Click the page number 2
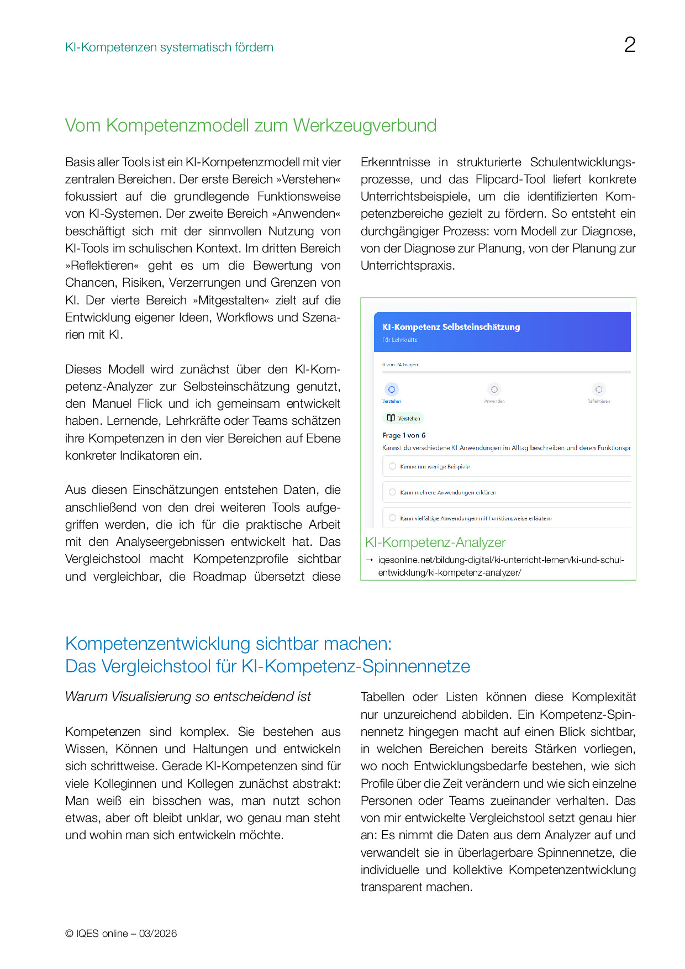(630, 45)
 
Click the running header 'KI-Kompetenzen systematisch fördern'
(169, 48)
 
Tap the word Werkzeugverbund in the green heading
(365, 126)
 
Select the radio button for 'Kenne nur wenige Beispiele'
(392, 466)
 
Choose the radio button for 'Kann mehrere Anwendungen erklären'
(392, 492)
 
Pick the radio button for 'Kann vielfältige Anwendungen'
(392, 518)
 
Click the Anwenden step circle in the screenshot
(494, 389)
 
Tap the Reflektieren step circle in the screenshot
(598, 389)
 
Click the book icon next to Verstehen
(391, 418)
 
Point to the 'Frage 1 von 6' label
(404, 435)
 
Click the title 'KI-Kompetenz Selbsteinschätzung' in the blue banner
(451, 327)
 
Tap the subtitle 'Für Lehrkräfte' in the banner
(400, 340)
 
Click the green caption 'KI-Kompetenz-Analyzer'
(435, 543)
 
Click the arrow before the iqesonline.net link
(370, 560)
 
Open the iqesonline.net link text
(500, 560)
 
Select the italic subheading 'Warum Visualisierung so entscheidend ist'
(188, 697)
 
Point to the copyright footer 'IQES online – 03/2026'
(121, 934)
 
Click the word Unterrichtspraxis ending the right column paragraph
(407, 266)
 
